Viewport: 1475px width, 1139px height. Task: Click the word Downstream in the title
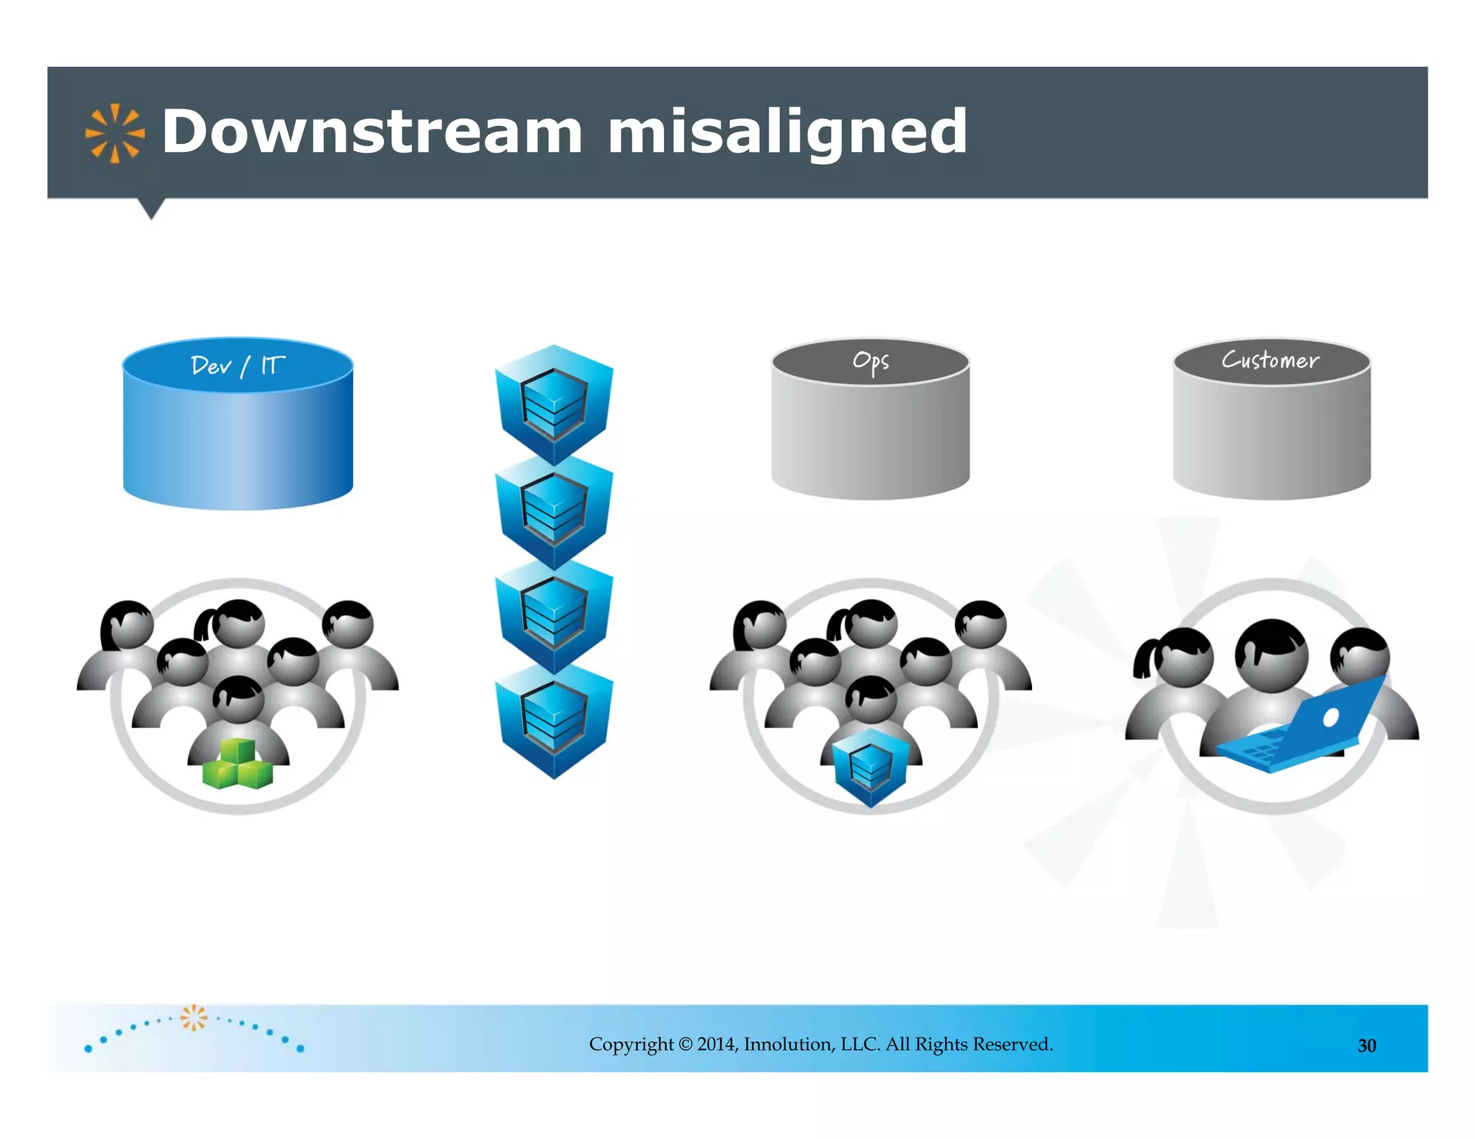[x=372, y=131]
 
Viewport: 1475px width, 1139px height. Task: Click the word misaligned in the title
[x=787, y=132]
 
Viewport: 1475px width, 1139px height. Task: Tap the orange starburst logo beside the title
[x=115, y=133]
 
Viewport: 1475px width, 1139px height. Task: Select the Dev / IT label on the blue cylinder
[x=238, y=366]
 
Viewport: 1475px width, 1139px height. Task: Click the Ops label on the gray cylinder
[x=871, y=361]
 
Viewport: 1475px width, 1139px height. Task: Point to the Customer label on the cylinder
[x=1270, y=360]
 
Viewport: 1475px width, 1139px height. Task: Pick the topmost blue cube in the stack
[x=554, y=403]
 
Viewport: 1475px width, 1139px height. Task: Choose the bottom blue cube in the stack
[x=554, y=720]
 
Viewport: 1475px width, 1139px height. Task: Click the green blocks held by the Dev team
[x=238, y=765]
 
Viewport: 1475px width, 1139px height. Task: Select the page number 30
[x=1366, y=1045]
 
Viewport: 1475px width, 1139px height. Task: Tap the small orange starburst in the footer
[x=193, y=1017]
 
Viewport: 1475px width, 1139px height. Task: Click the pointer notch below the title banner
[x=151, y=208]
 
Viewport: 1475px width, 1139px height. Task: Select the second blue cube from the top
[x=554, y=510]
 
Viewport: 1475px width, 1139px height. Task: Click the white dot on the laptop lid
[x=1331, y=717]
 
